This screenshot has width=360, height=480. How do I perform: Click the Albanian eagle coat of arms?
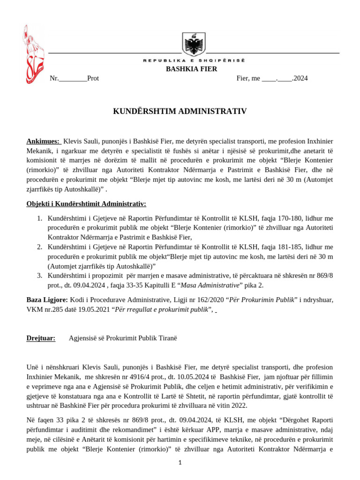click(193, 45)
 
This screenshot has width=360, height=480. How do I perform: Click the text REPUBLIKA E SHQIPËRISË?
click(194, 61)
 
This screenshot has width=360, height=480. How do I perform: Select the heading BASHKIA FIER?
click(192, 69)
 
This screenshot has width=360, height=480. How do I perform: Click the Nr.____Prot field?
click(74, 78)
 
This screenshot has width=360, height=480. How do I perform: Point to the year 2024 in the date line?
click(300, 78)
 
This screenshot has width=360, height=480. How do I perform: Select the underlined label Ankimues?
click(43, 141)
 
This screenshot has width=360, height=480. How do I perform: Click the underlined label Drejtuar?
click(40, 337)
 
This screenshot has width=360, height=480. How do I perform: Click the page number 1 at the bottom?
click(180, 463)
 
